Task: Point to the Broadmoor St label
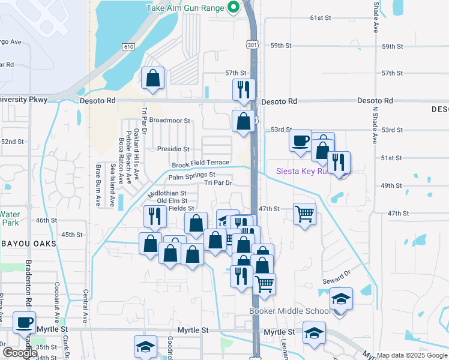169,121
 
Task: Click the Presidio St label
173,149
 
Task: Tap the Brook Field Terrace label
200,163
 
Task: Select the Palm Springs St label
191,176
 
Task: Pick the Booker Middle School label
290,311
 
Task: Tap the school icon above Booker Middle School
341,298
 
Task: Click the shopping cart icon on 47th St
305,212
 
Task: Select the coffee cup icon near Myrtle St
25,322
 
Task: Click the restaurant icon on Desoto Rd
244,90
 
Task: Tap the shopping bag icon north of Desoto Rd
153,79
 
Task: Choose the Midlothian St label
167,194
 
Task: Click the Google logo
20,353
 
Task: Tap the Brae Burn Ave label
96,186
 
